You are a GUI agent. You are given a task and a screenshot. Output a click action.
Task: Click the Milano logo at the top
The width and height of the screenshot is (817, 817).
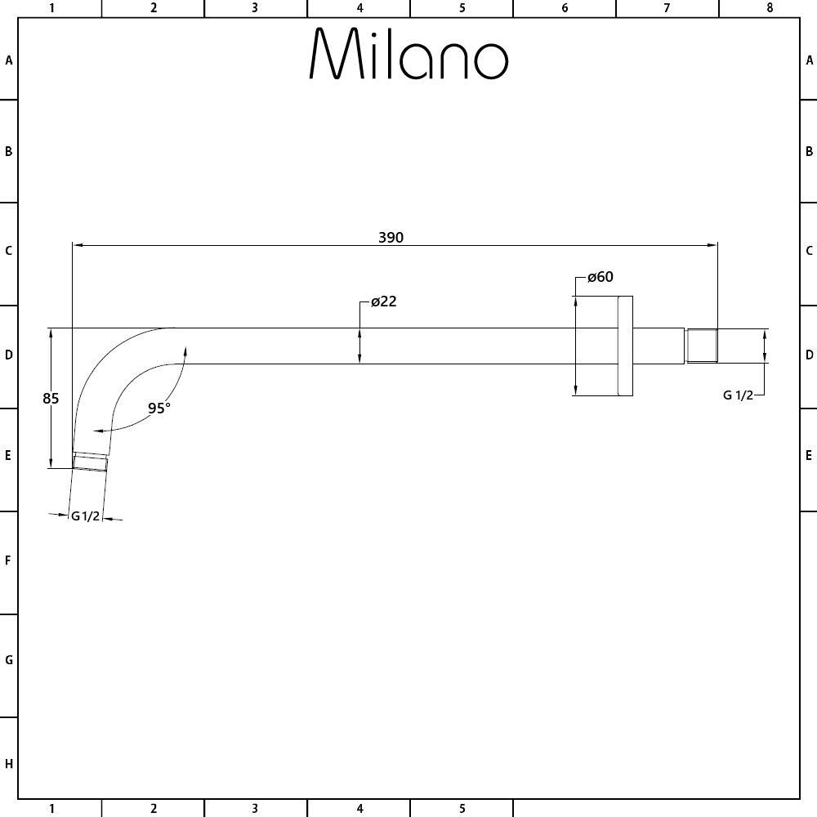coord(408,53)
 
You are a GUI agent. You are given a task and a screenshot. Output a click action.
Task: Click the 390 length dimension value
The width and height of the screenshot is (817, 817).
coord(391,238)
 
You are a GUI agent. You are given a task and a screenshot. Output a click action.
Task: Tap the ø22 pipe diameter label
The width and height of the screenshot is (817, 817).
coord(384,301)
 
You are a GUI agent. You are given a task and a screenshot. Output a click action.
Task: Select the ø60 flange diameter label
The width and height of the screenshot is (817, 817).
coord(600,277)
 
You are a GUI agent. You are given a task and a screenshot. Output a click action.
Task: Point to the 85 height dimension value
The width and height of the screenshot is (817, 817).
coord(51,399)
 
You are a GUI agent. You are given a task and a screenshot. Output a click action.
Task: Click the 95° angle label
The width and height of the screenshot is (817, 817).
coord(159,408)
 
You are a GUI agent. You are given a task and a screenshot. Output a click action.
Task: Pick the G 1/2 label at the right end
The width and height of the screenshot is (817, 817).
coord(739,395)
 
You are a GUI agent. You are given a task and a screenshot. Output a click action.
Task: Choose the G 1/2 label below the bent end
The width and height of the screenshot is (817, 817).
coord(85,516)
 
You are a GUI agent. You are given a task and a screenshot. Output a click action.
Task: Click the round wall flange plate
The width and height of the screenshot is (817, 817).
coord(625,346)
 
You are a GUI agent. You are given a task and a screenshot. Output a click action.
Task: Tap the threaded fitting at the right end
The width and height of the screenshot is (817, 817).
coord(701,346)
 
